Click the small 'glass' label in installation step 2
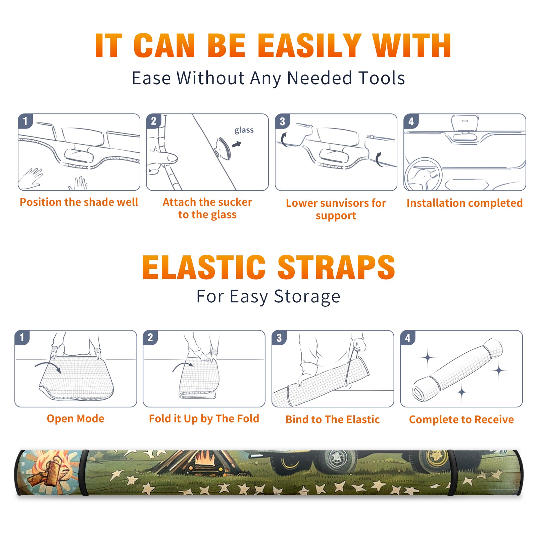[244, 130]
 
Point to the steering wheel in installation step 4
[424, 174]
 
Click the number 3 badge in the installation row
[282, 121]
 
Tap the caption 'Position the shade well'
[79, 202]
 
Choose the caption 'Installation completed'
[465, 203]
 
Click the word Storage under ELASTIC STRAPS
[307, 297]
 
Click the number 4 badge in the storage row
[408, 338]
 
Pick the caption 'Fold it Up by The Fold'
[204, 419]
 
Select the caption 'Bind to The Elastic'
[333, 419]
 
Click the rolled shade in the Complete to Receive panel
[457, 370]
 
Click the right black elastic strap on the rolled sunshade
[452, 473]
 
